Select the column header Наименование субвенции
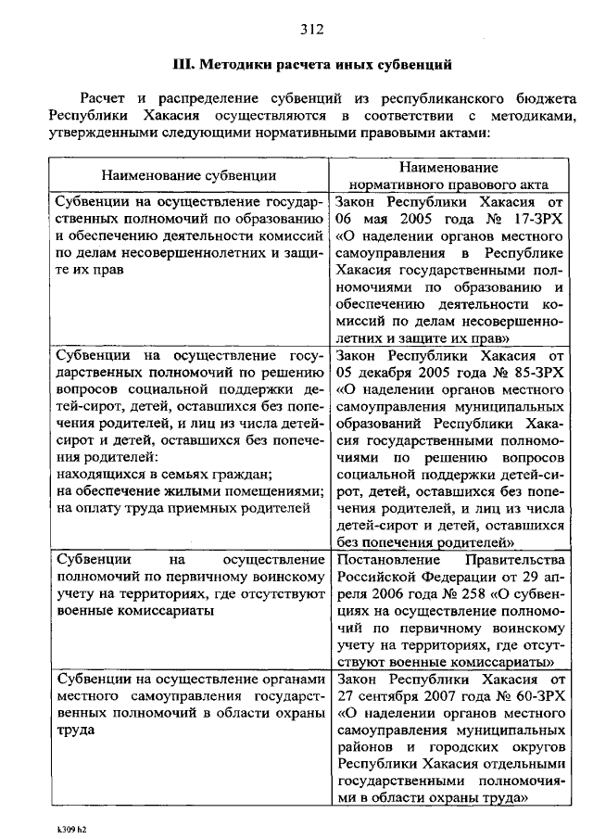pos(188,174)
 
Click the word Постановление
pos(383,561)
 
